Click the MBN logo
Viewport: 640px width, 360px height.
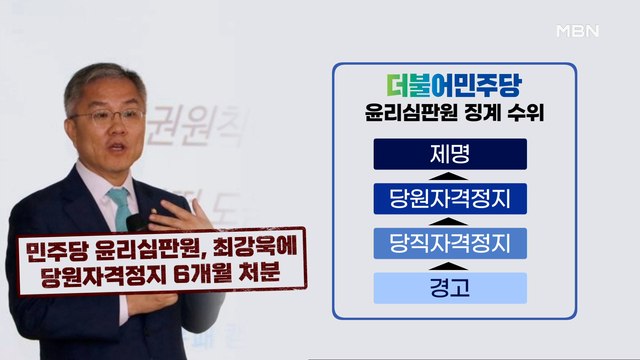(576, 30)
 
